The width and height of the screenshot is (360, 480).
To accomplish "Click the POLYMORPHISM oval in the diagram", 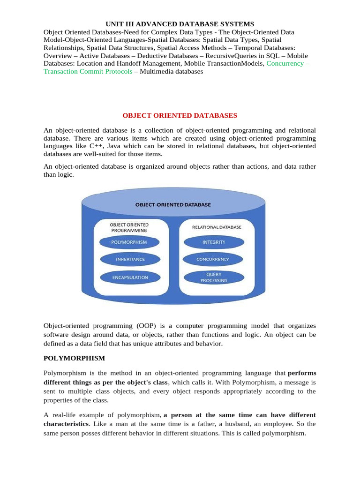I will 129,242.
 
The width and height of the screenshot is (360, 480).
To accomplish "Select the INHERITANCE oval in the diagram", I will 130,259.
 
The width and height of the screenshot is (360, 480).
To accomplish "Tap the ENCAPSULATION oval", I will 129,277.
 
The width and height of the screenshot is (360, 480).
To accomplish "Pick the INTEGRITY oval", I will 214,242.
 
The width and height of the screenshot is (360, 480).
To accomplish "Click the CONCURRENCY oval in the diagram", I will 214,259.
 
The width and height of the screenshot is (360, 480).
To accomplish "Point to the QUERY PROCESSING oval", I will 214,277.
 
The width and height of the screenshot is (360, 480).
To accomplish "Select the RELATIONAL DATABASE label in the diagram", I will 217,227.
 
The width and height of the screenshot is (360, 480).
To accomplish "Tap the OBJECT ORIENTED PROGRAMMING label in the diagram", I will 129,227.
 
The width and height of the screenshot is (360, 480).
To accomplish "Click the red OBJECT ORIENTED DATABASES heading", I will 180,115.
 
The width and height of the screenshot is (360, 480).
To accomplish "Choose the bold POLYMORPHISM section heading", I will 75,358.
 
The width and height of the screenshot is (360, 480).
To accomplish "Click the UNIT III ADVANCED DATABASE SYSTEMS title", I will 180,23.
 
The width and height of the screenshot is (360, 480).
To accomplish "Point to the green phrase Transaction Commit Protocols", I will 88,71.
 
